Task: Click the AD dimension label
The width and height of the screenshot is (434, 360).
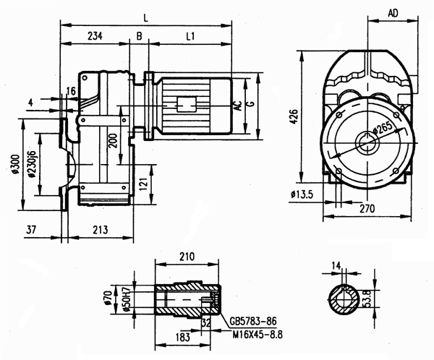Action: pyautogui.click(x=394, y=13)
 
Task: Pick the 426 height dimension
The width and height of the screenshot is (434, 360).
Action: pyautogui.click(x=293, y=117)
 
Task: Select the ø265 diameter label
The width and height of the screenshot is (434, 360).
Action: pyautogui.click(x=382, y=132)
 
